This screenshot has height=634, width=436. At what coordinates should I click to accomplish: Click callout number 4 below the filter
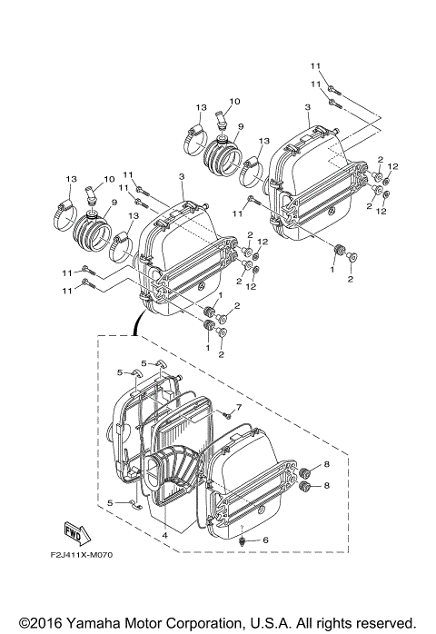(x=164, y=535)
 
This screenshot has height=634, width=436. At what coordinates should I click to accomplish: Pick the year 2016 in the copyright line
(x=37, y=622)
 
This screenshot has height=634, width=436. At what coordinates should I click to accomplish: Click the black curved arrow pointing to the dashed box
(x=136, y=320)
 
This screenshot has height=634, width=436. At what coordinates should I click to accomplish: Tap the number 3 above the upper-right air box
(x=308, y=107)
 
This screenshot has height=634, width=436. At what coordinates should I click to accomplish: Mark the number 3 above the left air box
(x=181, y=175)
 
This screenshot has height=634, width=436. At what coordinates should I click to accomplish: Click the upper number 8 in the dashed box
(x=327, y=465)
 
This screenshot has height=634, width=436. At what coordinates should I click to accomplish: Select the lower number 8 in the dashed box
(x=327, y=486)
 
